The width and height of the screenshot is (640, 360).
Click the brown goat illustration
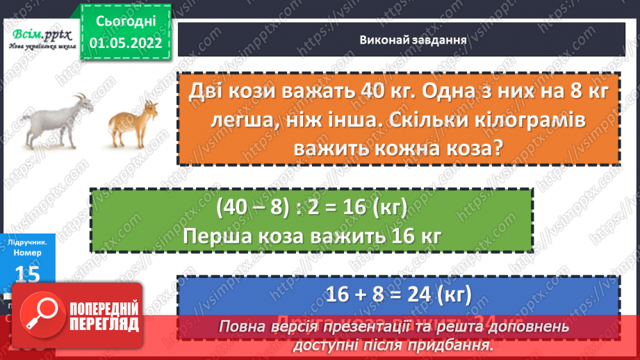coord(133,123)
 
